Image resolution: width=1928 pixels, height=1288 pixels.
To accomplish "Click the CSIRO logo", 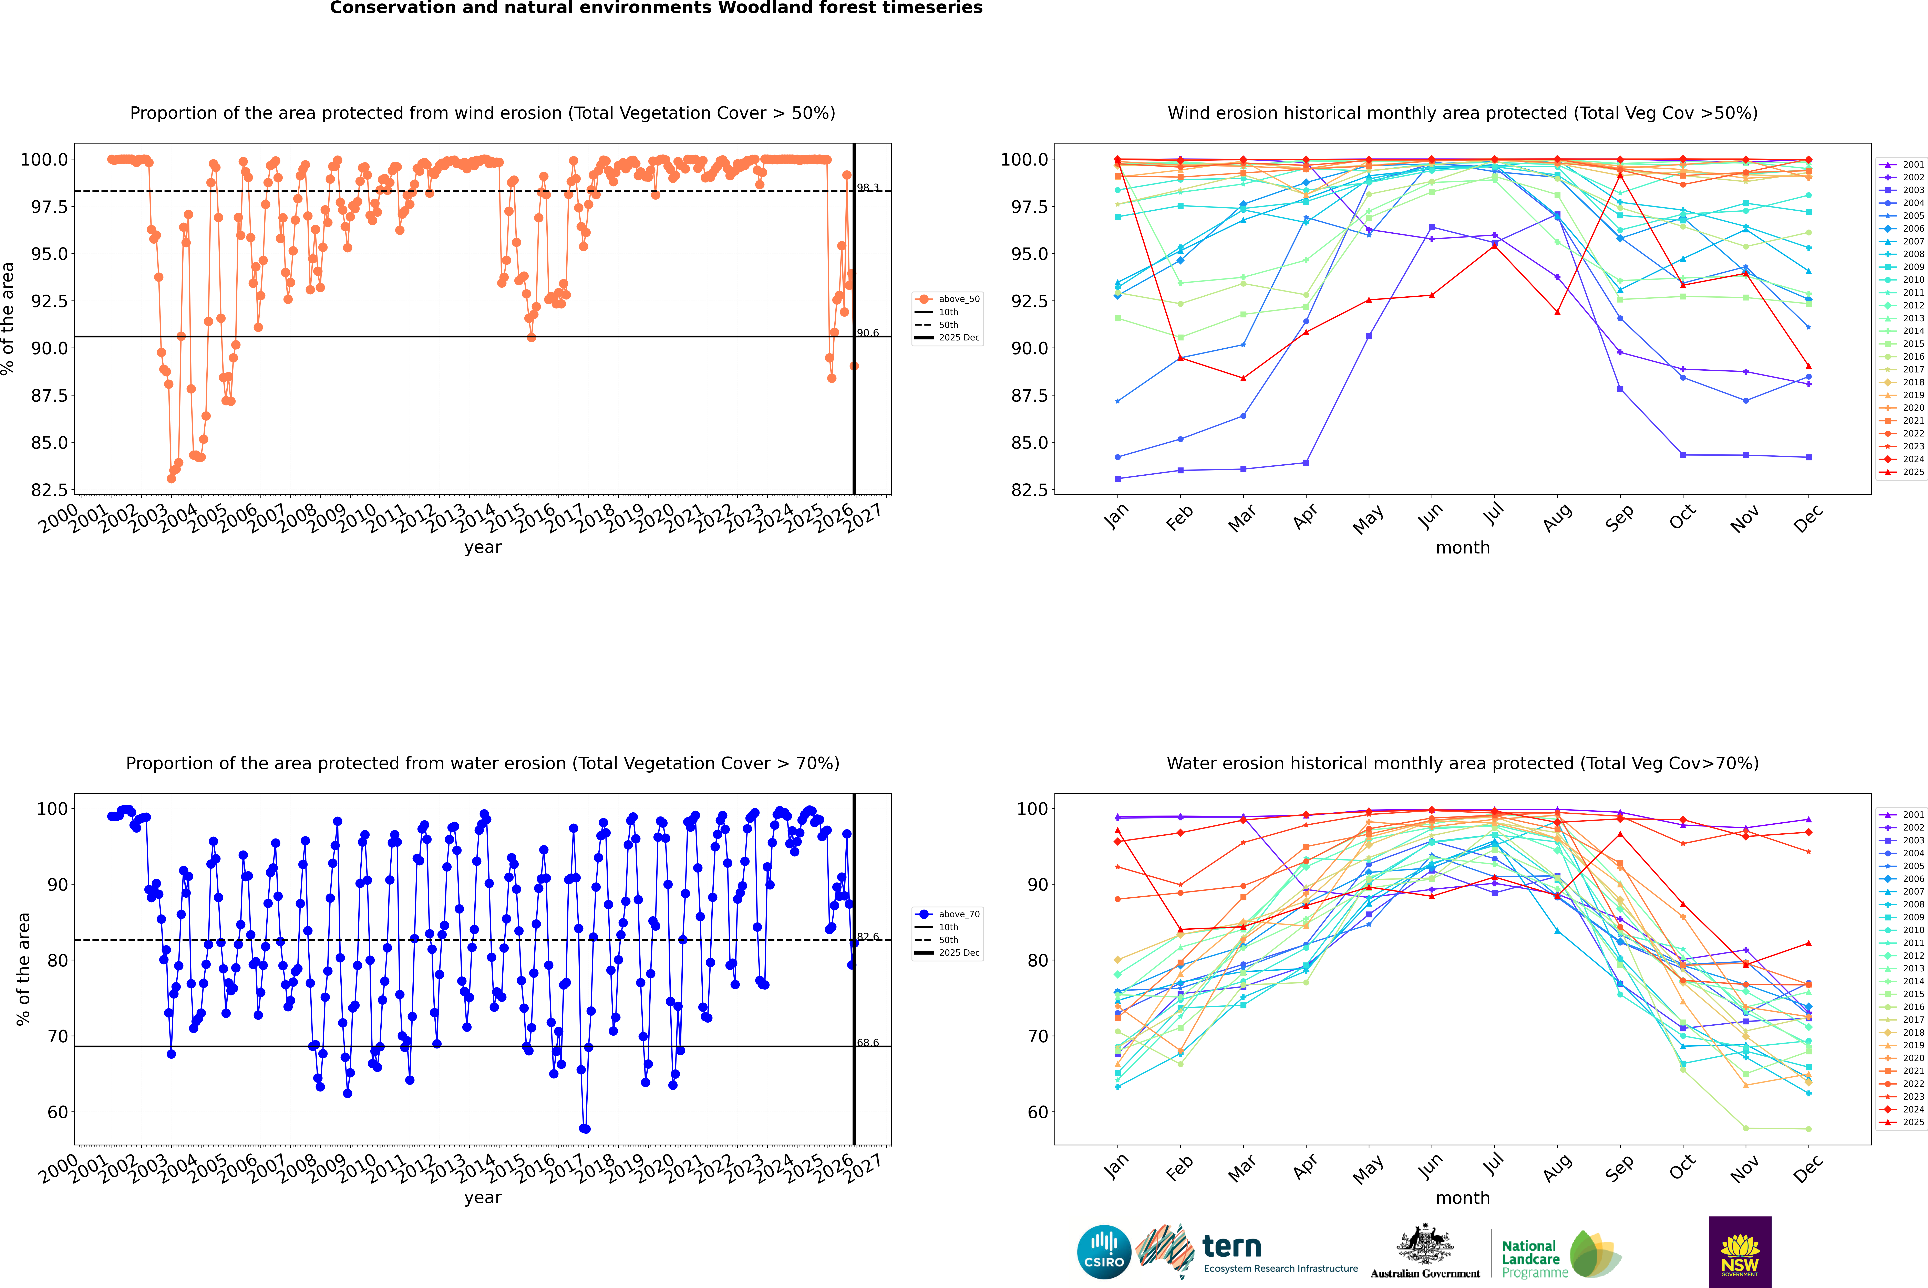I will [x=1104, y=1252].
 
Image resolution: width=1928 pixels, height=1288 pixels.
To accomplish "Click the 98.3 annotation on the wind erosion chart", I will [x=868, y=188].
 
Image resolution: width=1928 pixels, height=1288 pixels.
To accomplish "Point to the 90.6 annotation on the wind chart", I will [x=868, y=333].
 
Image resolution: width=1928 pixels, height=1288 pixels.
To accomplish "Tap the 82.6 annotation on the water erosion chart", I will [x=868, y=936].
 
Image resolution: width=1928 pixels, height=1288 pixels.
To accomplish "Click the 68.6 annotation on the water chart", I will [x=868, y=1042].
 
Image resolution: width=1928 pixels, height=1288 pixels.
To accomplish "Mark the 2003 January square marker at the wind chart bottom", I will [x=1118, y=478].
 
